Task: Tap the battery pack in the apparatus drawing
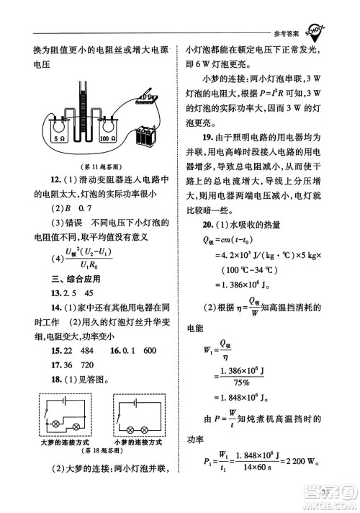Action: point(148,135)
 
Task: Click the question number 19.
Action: point(206,137)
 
